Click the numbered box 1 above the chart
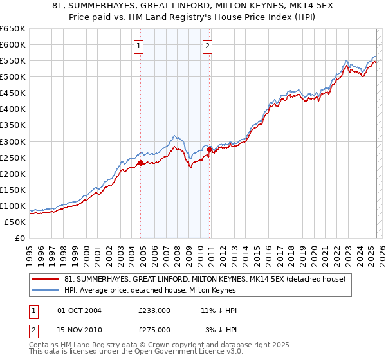point(139,46)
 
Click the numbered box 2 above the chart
point(208,46)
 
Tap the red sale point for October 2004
point(140,163)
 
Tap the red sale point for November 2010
point(210,149)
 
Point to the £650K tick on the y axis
point(13,29)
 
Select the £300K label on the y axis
point(13,141)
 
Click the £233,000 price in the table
point(154,310)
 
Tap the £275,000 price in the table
point(154,330)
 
